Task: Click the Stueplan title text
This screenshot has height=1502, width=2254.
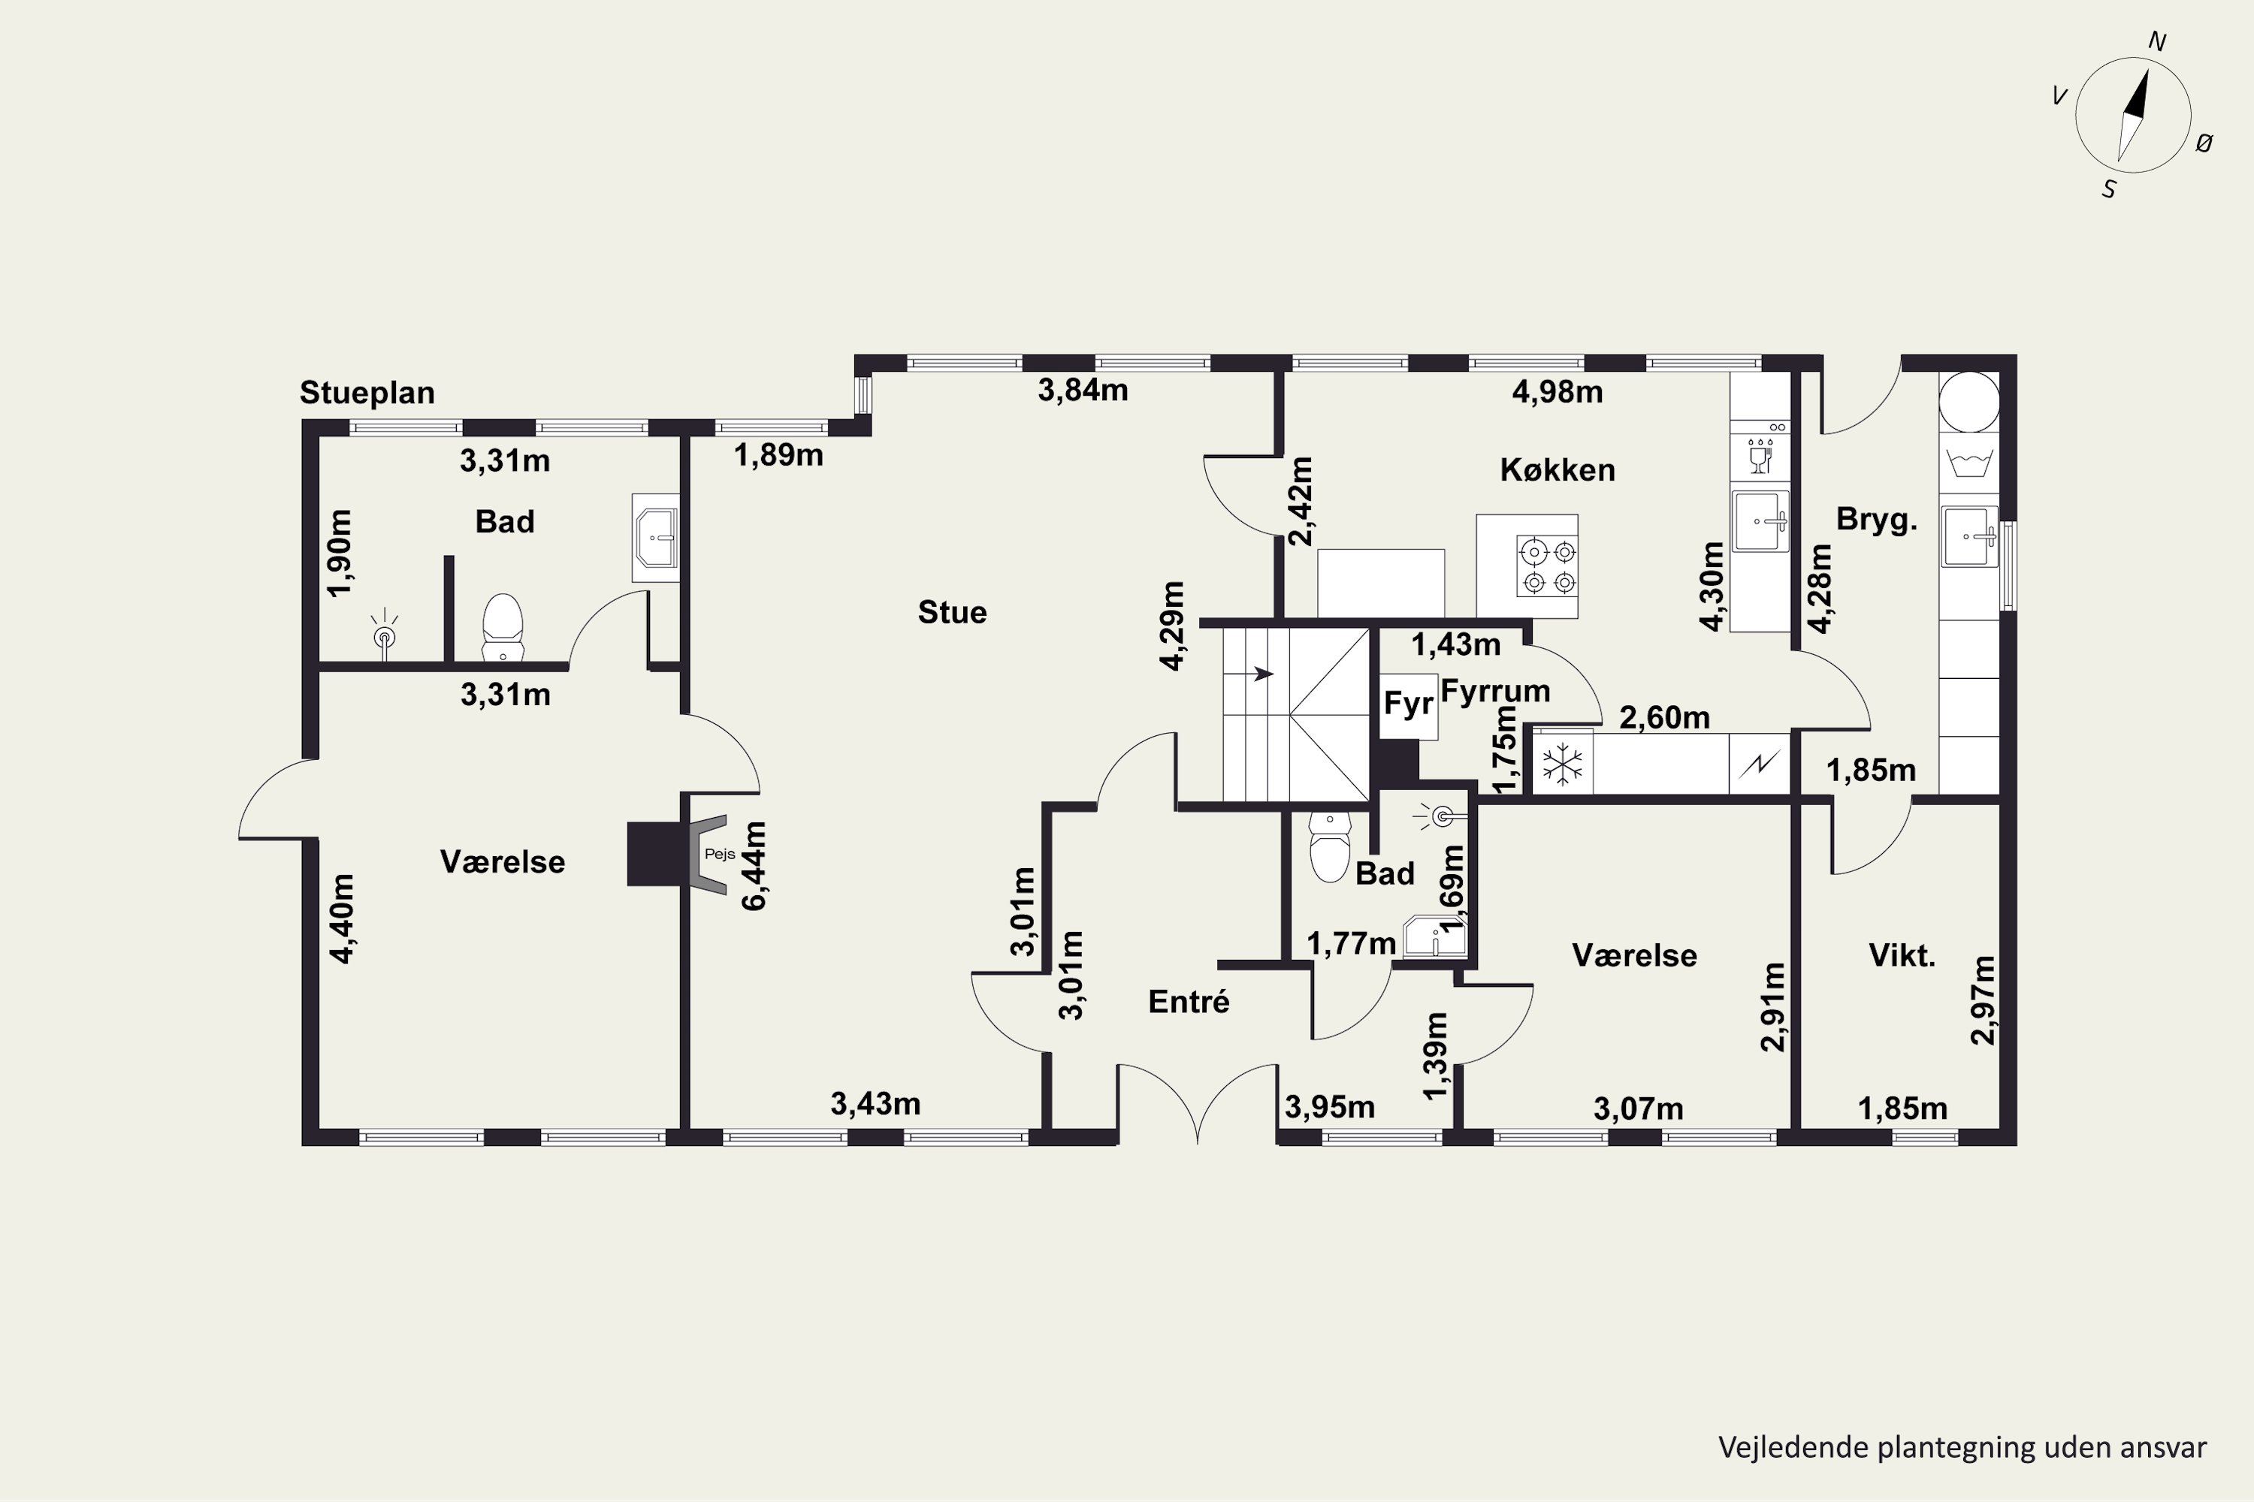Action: pos(367,393)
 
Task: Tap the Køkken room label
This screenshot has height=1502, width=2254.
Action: pos(1558,469)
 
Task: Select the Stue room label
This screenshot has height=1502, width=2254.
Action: pos(952,612)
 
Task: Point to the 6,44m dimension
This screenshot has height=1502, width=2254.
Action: pos(754,866)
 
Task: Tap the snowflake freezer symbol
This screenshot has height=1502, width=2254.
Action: pos(1562,765)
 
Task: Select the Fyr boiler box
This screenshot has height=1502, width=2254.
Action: pos(1408,706)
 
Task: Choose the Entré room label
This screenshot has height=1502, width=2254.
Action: pos(1189,1001)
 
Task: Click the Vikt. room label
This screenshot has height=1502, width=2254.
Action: pos(1902,955)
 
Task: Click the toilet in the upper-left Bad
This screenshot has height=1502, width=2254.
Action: pos(502,627)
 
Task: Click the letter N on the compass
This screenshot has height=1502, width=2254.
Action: pos(2156,41)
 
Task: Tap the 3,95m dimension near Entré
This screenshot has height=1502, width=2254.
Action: pos(1329,1107)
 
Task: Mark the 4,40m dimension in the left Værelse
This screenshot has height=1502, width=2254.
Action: pos(341,918)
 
